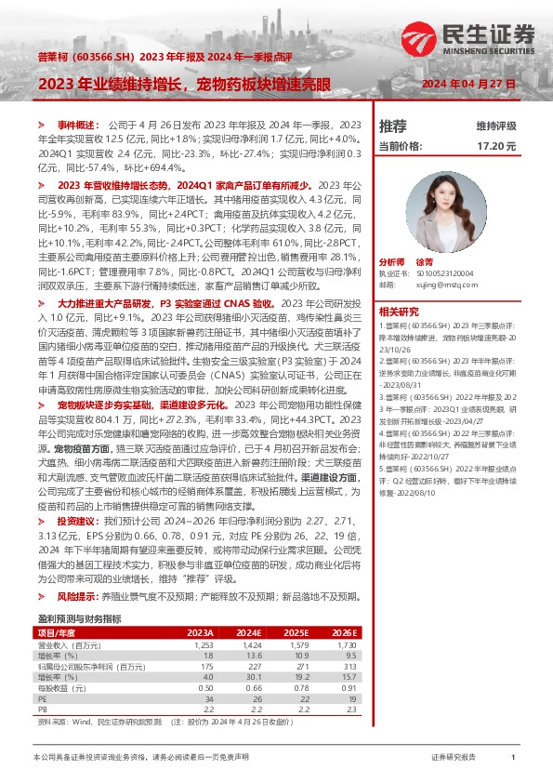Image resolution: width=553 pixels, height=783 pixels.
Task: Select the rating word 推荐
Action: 393,125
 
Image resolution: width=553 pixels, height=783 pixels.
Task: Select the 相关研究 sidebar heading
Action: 399,312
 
